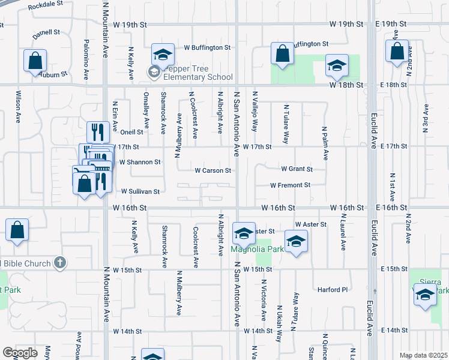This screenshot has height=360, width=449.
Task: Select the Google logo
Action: [x=20, y=353]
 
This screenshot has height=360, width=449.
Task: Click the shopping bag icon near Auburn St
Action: [x=35, y=61]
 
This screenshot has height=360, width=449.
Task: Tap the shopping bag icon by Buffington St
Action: [x=282, y=53]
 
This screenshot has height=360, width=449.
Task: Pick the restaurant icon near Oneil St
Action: [x=97, y=131]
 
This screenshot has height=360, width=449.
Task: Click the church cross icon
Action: [x=59, y=262]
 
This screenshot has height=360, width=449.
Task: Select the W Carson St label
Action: [x=212, y=170]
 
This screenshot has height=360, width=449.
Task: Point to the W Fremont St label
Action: [x=290, y=185]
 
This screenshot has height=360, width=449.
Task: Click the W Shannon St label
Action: [x=140, y=162]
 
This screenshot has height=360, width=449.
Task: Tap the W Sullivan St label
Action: [x=140, y=192]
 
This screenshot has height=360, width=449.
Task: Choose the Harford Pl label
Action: [x=333, y=290]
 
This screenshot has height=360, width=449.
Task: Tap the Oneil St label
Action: [x=131, y=132]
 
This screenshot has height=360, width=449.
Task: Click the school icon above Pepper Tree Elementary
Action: [x=162, y=54]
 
